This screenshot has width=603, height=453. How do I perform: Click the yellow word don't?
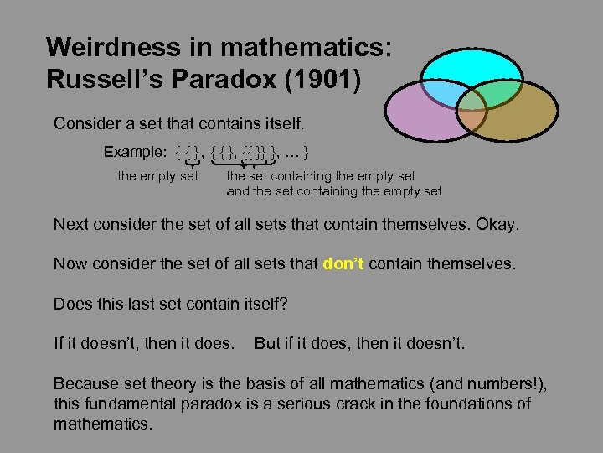click(x=343, y=263)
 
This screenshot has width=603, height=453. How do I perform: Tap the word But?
click(x=268, y=344)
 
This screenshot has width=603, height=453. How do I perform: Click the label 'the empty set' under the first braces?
click(x=157, y=176)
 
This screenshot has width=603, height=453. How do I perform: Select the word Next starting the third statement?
click(x=71, y=224)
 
